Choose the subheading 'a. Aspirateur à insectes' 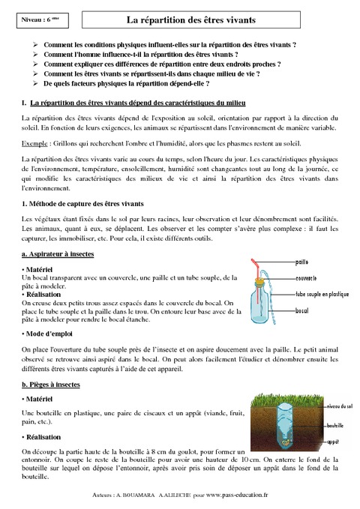(x=58, y=255)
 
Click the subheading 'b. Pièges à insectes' (x=52, y=383)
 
